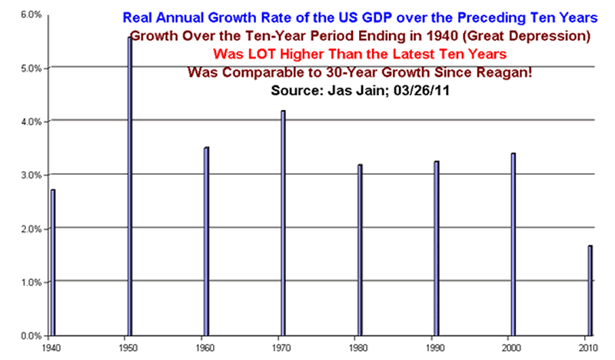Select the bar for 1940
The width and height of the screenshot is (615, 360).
(x=52, y=262)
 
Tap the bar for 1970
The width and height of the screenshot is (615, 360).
(x=283, y=223)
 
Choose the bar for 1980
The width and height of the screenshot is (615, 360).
(x=360, y=250)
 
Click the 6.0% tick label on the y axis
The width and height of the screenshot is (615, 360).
(x=29, y=15)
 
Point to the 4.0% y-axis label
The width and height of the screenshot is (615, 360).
(x=29, y=122)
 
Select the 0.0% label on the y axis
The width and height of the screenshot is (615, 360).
(x=29, y=336)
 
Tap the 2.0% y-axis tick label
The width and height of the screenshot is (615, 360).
(x=29, y=228)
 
